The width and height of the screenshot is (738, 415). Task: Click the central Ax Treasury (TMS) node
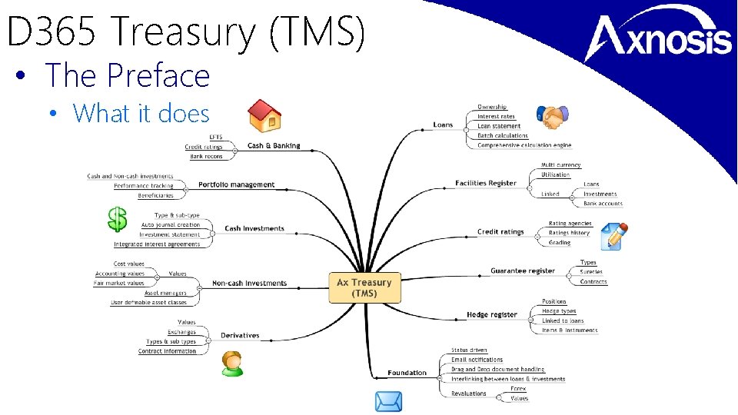click(364, 287)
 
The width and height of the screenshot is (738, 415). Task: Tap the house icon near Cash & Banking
click(265, 115)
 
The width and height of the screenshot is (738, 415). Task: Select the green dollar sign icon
click(117, 218)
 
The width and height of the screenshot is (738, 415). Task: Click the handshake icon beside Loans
click(553, 118)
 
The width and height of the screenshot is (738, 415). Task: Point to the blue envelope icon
click(388, 402)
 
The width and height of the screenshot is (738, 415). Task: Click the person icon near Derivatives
click(231, 363)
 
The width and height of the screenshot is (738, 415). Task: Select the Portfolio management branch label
click(236, 184)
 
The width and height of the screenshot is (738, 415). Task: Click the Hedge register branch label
click(492, 314)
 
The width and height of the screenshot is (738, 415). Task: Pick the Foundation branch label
click(407, 373)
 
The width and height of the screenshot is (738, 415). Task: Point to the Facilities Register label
click(486, 183)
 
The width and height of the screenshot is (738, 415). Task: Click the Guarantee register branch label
click(523, 271)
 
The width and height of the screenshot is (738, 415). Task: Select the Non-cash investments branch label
click(249, 283)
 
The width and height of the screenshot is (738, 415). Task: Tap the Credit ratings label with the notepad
click(500, 231)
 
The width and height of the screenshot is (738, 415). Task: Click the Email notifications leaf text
click(477, 360)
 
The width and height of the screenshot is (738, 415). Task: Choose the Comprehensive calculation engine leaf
click(524, 145)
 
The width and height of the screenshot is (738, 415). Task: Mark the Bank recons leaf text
click(206, 156)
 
